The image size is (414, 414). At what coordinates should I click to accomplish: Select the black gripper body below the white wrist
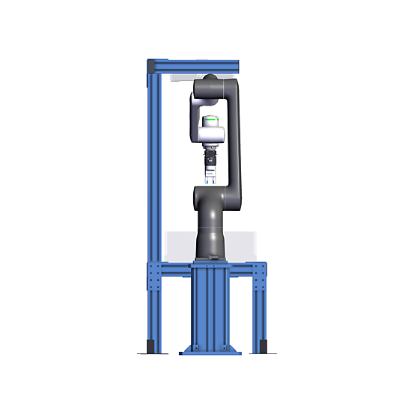[x=210, y=158]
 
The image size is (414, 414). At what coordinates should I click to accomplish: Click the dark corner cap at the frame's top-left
[x=152, y=67]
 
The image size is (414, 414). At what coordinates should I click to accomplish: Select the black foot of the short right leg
[x=261, y=347]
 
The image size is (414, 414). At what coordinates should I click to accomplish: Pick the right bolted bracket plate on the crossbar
[x=260, y=278]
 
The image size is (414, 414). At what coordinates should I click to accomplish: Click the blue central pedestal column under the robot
[x=210, y=307]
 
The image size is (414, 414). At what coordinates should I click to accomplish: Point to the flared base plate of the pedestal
[x=210, y=349]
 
